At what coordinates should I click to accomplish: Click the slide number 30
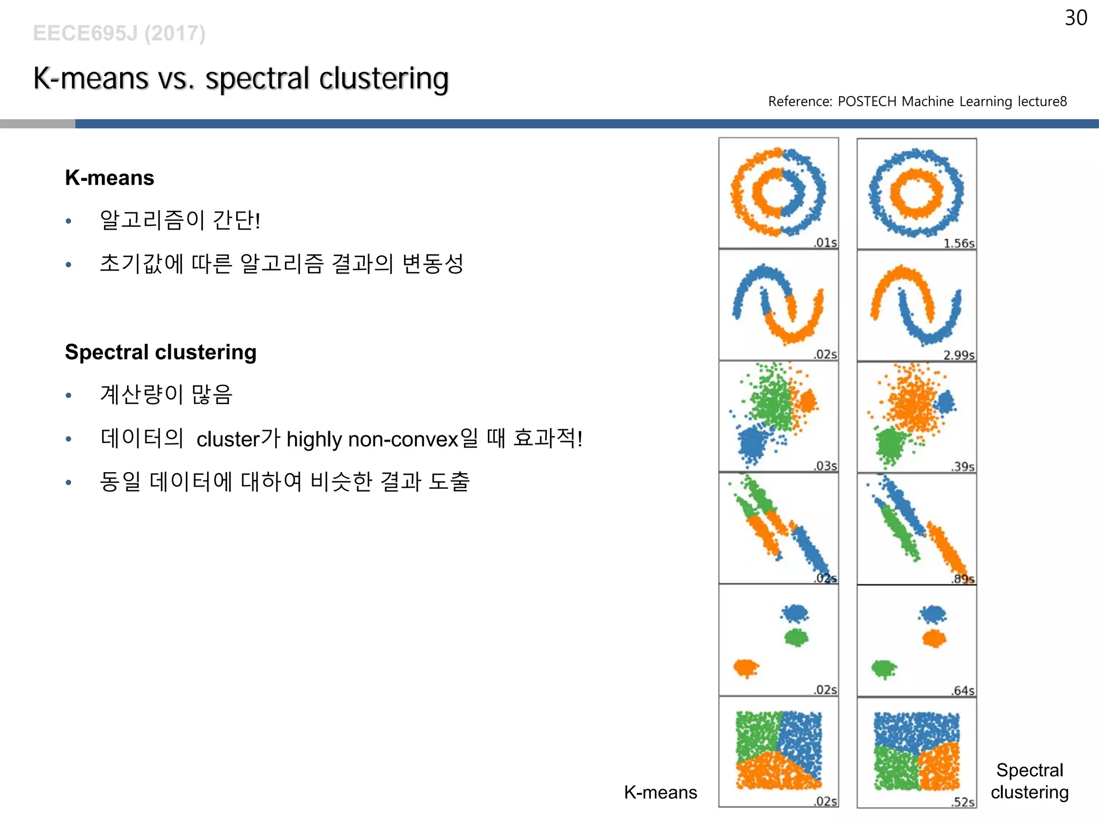click(x=1075, y=18)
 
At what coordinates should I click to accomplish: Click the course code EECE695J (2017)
click(x=119, y=33)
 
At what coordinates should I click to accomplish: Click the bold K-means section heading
click(x=109, y=178)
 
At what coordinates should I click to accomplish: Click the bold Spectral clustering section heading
click(x=160, y=352)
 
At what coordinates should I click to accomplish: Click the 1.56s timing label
click(x=959, y=243)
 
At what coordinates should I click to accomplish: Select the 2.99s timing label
click(x=959, y=355)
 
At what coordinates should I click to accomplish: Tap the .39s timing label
click(x=963, y=467)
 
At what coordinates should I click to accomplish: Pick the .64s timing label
click(x=963, y=690)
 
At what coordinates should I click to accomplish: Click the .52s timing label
click(x=963, y=802)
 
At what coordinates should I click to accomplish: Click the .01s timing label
click(x=825, y=242)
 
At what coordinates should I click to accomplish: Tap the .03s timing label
click(x=825, y=466)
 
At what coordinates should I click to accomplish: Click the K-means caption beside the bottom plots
click(x=660, y=792)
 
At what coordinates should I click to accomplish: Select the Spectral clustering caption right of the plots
click(x=1029, y=781)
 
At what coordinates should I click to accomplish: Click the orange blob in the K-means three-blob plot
click(x=746, y=668)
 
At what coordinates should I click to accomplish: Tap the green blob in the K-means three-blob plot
click(x=796, y=637)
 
